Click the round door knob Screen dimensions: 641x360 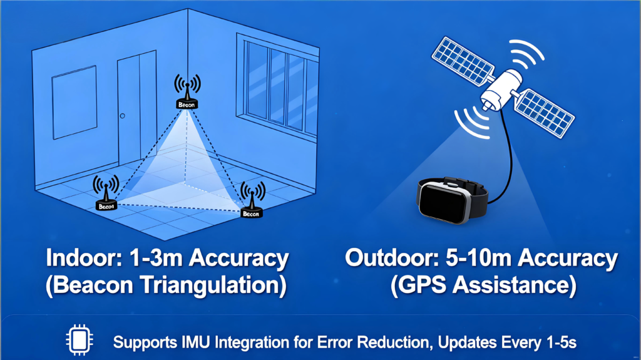[122, 116]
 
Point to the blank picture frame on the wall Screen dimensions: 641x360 [74, 102]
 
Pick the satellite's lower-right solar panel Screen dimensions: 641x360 [544, 113]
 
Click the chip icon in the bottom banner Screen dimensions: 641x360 [79, 339]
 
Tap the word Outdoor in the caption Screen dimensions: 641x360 [392, 258]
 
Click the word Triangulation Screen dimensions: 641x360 [213, 285]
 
